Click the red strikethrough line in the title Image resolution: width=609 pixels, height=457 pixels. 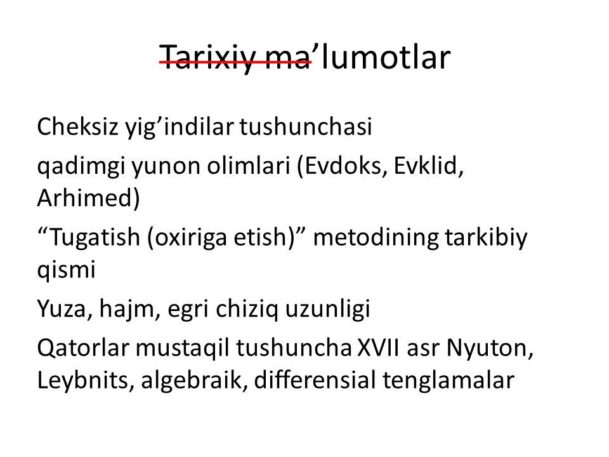235,62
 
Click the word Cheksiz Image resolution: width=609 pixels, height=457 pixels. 77,126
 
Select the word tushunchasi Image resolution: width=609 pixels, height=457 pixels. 306,126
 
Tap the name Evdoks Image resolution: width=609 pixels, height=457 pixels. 346,166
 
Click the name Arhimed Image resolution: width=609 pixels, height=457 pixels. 86,198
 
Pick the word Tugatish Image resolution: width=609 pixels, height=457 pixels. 95,237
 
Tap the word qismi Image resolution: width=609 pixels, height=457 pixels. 67,269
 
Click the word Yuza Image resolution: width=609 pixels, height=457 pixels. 62,309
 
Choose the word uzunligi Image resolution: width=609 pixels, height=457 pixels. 328,310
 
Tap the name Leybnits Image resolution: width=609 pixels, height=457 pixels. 82,380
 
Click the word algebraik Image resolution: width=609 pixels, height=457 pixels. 192,380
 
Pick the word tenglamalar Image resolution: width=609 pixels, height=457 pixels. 449,380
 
